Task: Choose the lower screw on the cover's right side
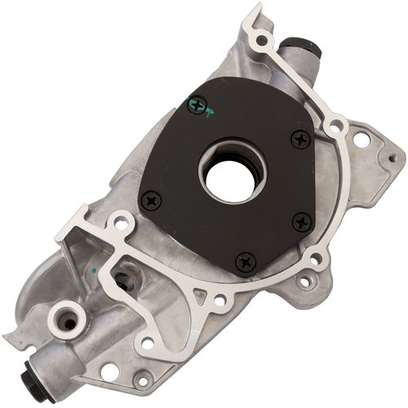tap(301, 220)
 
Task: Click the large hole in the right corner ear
tap(360, 140)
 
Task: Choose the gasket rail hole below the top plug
tap(333, 125)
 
